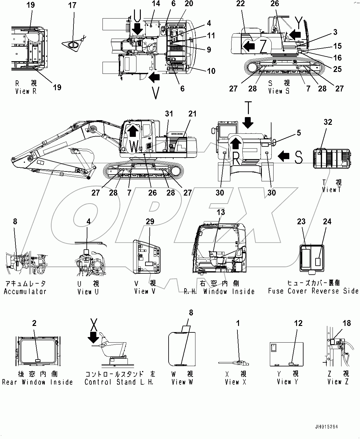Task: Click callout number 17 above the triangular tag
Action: [x=72, y=5]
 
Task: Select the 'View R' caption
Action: [x=26, y=91]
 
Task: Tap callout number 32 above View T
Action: [x=328, y=122]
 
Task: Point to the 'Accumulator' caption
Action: [x=25, y=291]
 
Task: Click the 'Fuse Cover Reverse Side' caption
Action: [x=313, y=291]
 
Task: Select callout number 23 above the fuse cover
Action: [x=301, y=222]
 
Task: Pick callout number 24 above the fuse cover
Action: [x=327, y=222]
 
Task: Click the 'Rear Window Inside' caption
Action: [x=37, y=382]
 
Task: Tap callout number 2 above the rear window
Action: [x=34, y=323]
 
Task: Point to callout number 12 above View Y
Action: [x=298, y=323]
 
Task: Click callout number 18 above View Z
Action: [x=347, y=323]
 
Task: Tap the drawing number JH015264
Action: [x=327, y=427]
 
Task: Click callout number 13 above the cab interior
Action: [x=221, y=213]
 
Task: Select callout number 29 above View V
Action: [x=150, y=222]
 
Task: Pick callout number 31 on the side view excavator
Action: [x=169, y=114]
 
